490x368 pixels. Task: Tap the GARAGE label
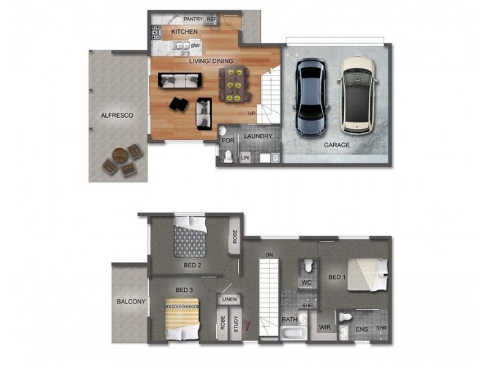coord(336,145)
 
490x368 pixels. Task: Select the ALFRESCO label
coord(117,115)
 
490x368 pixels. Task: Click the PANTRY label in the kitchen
coord(193,19)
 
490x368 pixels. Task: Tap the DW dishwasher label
coord(195,45)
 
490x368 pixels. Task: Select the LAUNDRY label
coord(257,136)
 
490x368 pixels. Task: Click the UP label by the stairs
coord(251,113)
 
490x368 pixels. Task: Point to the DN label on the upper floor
coord(268,255)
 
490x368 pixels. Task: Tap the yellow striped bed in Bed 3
coord(183,317)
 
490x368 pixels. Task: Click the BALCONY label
coord(131,301)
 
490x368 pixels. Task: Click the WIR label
coord(325,328)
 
